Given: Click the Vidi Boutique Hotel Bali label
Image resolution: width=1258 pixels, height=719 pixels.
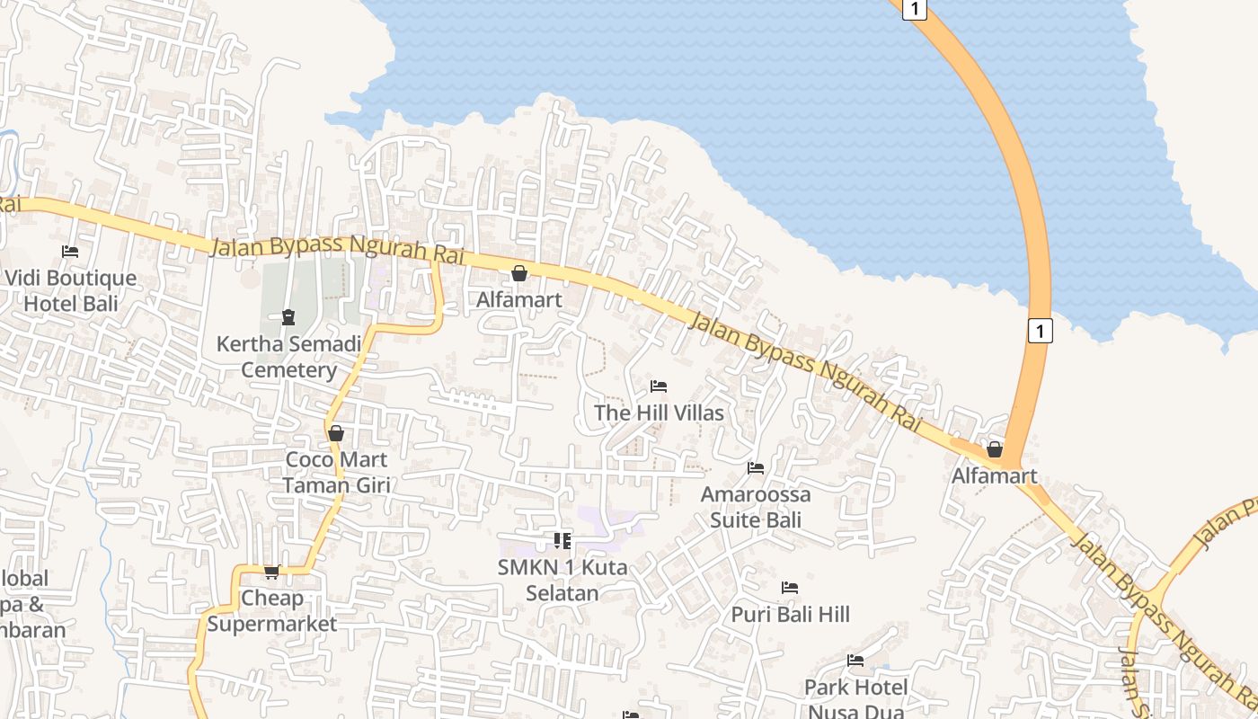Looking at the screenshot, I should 71,290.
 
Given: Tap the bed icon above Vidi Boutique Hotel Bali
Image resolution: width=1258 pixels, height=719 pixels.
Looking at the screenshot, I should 70,252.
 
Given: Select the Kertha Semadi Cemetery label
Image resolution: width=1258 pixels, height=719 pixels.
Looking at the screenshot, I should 288,356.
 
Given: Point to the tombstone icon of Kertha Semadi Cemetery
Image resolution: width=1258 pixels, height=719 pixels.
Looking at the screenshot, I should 288,317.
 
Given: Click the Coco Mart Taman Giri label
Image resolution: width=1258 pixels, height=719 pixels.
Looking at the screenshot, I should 336,472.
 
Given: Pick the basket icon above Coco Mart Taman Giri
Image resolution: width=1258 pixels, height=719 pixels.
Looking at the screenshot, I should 336,433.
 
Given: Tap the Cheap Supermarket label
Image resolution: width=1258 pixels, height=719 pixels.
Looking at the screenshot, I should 272,610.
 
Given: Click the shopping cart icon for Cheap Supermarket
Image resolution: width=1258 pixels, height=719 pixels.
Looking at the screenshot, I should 271,572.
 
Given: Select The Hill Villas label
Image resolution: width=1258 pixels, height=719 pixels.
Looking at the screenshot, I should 659,413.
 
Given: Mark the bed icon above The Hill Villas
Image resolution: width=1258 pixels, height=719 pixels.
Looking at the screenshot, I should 659,386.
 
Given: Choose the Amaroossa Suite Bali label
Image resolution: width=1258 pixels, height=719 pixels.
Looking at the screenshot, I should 756,506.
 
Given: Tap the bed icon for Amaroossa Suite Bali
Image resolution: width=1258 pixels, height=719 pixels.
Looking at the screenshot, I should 756,468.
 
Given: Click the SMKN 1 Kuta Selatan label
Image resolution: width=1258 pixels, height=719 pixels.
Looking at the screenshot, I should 563,580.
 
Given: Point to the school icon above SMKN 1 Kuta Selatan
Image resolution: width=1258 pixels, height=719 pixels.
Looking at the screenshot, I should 563,541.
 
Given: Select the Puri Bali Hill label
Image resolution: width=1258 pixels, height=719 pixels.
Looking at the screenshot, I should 790,614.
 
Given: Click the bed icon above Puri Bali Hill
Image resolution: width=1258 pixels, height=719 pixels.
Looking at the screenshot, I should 790,588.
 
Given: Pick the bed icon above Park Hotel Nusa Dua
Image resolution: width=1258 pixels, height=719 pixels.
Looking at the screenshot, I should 855,661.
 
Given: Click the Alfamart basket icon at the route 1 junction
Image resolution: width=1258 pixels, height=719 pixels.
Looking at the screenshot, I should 995,449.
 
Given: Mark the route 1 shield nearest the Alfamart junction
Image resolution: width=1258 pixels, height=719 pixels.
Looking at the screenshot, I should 1040,331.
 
